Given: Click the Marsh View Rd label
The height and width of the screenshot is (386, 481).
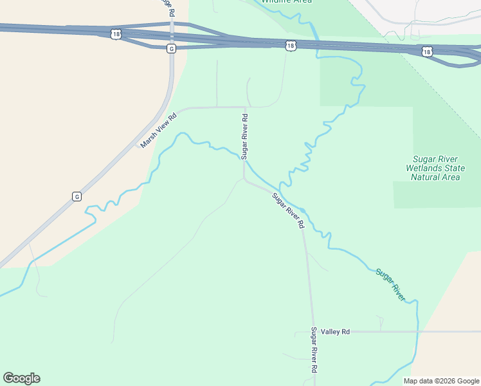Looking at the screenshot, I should point(158,131).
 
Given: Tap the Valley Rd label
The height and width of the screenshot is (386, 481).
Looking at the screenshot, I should point(336,332).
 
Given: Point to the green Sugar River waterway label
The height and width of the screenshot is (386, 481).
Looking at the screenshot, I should point(390,284).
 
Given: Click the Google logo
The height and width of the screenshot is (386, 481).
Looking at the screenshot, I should point(21,378).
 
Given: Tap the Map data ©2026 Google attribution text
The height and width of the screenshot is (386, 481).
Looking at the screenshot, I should point(440,381).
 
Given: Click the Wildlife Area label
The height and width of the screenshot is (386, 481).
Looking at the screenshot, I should point(287,1).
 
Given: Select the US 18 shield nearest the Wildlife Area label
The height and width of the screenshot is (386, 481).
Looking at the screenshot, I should point(291,45).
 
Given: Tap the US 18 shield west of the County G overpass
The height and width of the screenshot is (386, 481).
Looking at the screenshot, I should point(115,33).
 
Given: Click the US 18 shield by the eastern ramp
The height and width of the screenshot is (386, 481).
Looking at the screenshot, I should point(427,51).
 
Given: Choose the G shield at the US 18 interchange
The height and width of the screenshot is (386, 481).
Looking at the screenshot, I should point(170,48).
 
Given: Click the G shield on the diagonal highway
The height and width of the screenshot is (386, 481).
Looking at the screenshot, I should point(77,196).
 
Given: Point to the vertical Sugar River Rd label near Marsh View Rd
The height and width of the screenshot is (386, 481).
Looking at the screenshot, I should point(244,136).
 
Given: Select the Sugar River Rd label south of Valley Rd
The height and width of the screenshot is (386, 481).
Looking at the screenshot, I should point(314,351).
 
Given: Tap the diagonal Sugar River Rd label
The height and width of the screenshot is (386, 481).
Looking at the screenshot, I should point(287,211).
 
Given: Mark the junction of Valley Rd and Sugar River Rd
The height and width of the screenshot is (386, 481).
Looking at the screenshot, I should point(313,332).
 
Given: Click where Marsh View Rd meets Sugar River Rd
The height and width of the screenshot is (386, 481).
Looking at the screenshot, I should point(245,107).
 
